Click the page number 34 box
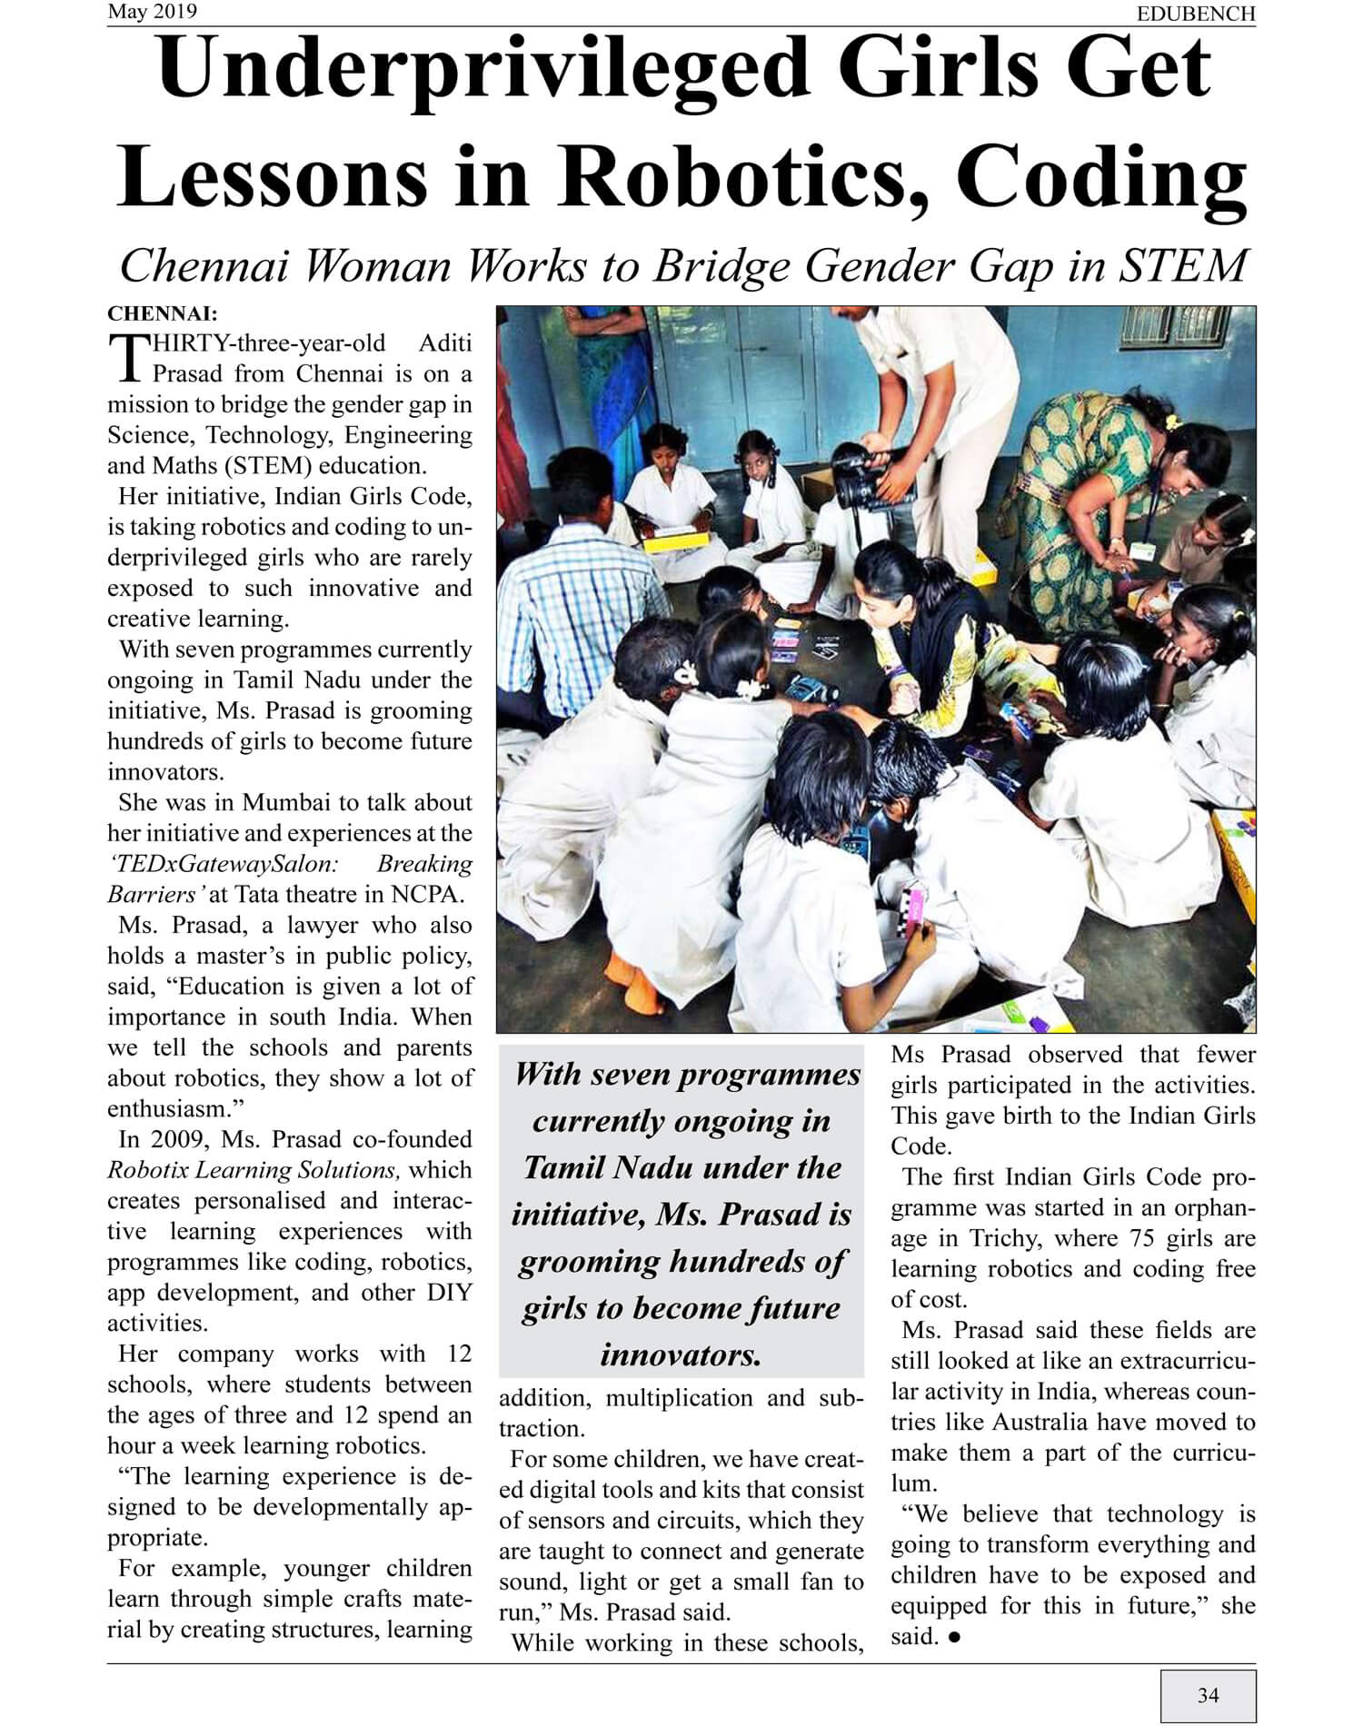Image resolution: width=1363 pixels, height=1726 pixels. pyautogui.click(x=1208, y=1695)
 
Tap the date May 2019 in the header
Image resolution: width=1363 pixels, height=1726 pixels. pyautogui.click(x=152, y=12)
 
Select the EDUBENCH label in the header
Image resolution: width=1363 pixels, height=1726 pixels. pyautogui.click(x=1196, y=14)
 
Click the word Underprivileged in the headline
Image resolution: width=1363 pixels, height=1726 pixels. pyautogui.click(x=483, y=71)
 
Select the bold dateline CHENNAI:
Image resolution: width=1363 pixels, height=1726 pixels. pyautogui.click(x=163, y=314)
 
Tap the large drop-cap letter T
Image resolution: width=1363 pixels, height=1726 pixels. pyautogui.click(x=126, y=359)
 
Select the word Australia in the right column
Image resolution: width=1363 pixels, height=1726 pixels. pyautogui.click(x=1043, y=1422)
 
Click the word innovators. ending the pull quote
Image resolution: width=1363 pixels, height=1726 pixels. pyautogui.click(x=681, y=1355)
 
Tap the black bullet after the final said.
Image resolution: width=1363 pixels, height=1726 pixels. pyautogui.click(x=954, y=1637)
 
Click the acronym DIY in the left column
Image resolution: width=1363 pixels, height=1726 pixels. pyautogui.click(x=449, y=1293)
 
